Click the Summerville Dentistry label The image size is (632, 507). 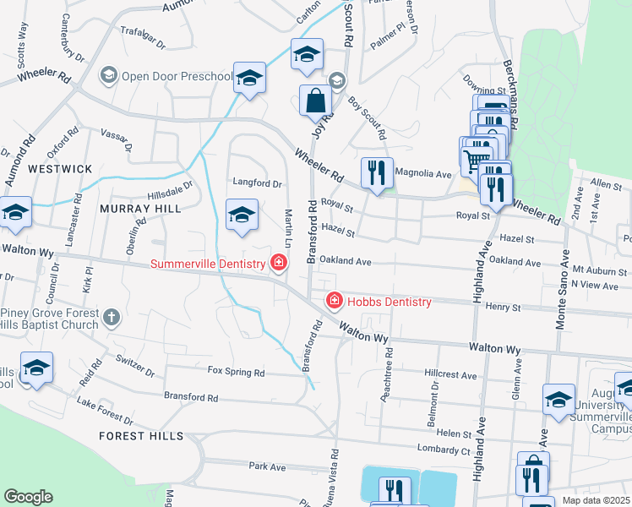[x=208, y=264]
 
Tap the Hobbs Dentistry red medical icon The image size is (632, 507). [x=335, y=302]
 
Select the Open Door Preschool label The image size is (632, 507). [x=176, y=77]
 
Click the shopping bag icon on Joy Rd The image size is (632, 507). [x=315, y=100]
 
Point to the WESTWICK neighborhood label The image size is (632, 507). [x=60, y=169]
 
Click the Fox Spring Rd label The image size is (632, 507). [x=236, y=372]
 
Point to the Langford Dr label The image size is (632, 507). [x=258, y=183]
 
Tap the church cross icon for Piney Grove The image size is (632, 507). [x=111, y=318]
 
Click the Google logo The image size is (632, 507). [x=28, y=497]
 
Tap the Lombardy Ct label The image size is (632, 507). [x=443, y=449]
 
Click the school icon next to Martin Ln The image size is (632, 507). [x=242, y=215]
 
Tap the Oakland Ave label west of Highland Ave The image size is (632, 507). [x=346, y=261]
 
